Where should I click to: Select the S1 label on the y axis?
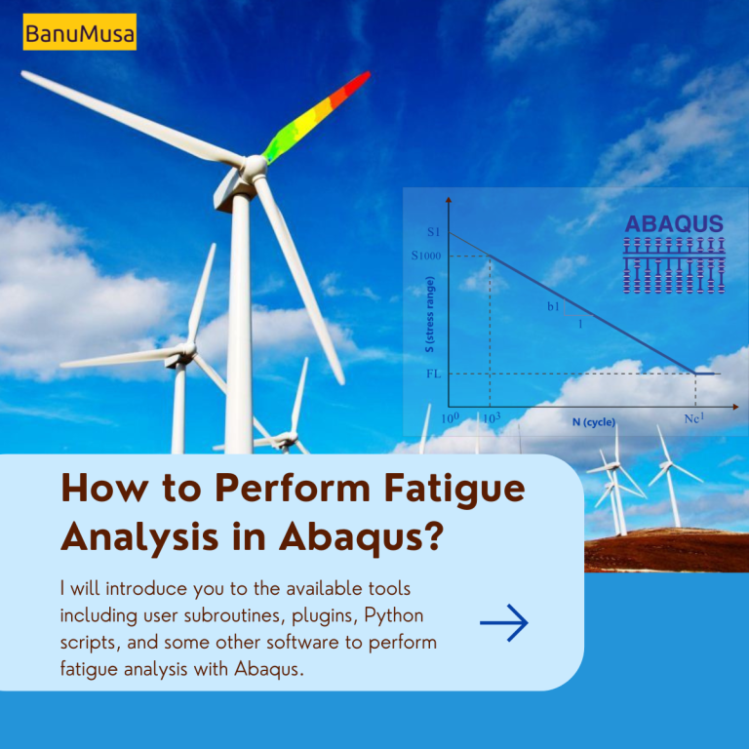434,232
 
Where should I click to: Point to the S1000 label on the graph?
426,256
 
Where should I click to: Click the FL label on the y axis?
432,374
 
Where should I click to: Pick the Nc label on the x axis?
694,418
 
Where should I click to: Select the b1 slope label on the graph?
553,307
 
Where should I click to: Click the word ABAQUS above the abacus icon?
674,224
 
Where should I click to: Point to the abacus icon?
674,265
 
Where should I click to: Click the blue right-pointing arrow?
504,623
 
